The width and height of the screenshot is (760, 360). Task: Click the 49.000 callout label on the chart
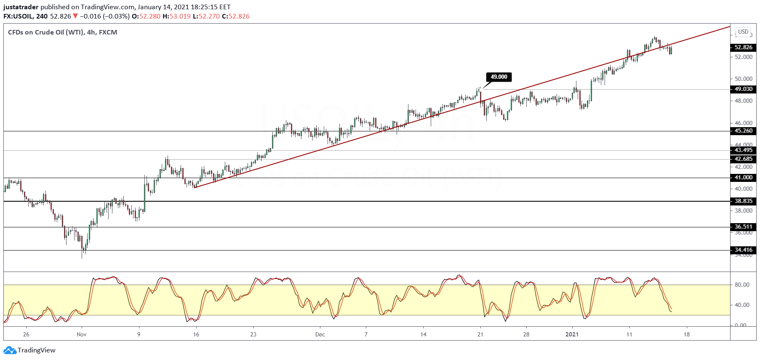499,77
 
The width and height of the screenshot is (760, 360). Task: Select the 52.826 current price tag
743,48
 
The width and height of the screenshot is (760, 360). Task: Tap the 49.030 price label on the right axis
743,89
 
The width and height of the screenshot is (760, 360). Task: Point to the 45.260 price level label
743,131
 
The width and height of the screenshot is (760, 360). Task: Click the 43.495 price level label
743,150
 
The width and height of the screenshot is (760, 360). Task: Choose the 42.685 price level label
743,159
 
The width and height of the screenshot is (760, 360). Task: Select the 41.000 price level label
743,178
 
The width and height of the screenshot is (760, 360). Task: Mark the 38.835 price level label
743,201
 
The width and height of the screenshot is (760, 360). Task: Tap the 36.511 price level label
743,227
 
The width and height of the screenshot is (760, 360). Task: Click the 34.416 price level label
743,250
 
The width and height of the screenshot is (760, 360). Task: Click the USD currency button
743,32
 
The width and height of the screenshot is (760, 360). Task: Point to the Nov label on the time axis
82,335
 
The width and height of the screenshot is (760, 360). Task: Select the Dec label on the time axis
320,335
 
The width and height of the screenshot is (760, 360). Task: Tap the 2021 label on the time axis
572,335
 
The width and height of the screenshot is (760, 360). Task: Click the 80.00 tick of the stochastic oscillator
742,285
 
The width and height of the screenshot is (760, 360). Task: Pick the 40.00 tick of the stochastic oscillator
742,305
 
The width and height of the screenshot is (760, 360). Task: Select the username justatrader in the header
21,7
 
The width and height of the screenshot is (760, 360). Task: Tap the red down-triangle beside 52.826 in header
75,16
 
